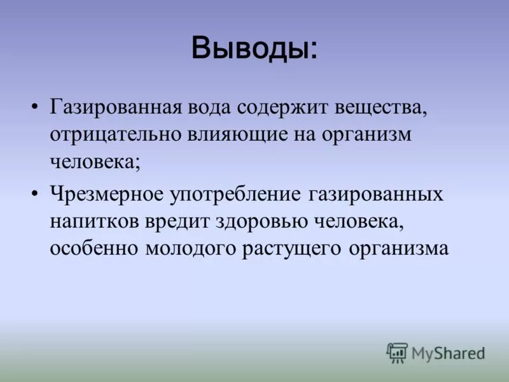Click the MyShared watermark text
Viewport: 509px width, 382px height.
coord(448,352)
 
